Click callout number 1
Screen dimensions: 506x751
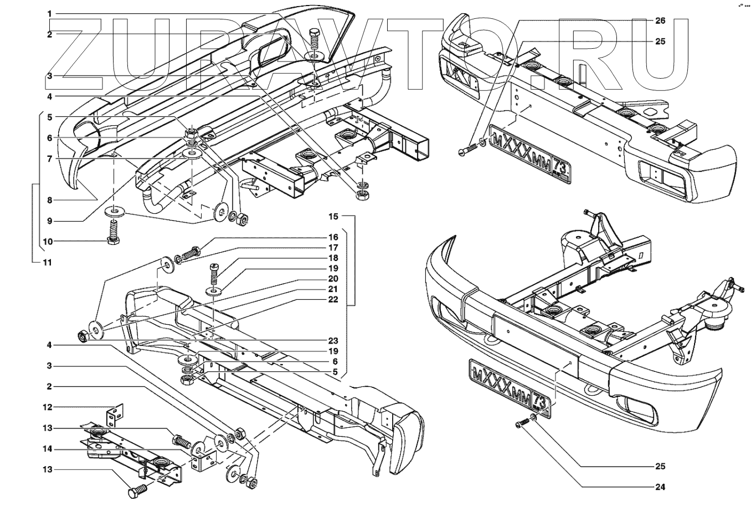tap(49, 13)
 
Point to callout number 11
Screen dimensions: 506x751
tap(48, 262)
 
